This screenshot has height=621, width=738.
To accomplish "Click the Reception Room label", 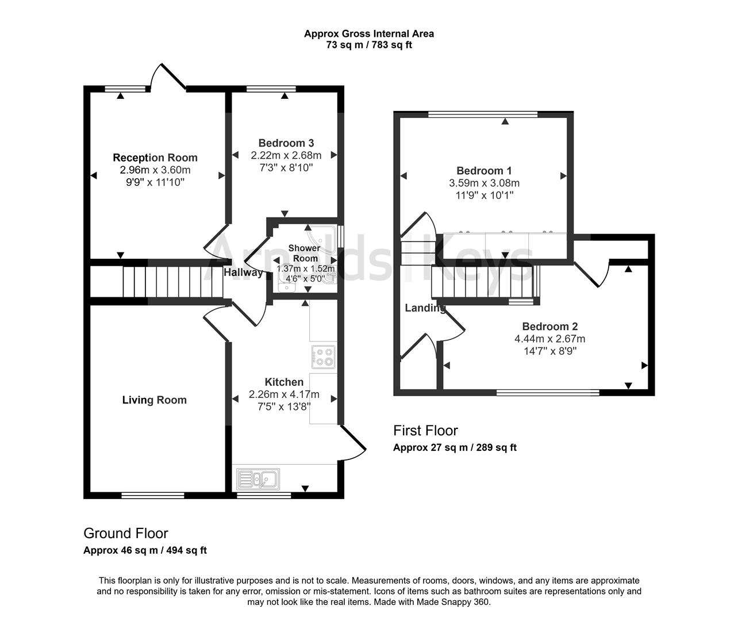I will point(155,158).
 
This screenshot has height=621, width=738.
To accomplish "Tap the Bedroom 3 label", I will point(286,143).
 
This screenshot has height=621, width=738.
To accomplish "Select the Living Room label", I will point(154,400).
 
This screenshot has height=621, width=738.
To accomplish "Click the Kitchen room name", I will point(284,382).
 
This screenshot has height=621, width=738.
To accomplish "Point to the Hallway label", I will point(243,273).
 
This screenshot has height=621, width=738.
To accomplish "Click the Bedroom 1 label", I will point(483,171).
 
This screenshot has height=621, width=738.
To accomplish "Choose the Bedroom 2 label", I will point(549,327).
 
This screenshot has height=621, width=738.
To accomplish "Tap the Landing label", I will point(425,308).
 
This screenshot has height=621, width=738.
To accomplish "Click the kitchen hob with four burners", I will point(323,356).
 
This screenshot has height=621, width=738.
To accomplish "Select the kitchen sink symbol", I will point(258,478).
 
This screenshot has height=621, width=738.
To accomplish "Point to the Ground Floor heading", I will point(125,533).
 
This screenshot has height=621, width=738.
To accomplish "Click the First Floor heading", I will point(425,431).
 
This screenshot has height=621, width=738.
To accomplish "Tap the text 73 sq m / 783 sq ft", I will point(369,44).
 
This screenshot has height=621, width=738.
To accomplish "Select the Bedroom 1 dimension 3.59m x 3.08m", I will point(483,183).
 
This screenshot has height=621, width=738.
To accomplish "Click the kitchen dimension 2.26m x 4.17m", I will point(284,394).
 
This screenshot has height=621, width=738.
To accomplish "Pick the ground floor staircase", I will point(172,282).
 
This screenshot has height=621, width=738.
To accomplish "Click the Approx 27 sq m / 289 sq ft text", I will point(455,447).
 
